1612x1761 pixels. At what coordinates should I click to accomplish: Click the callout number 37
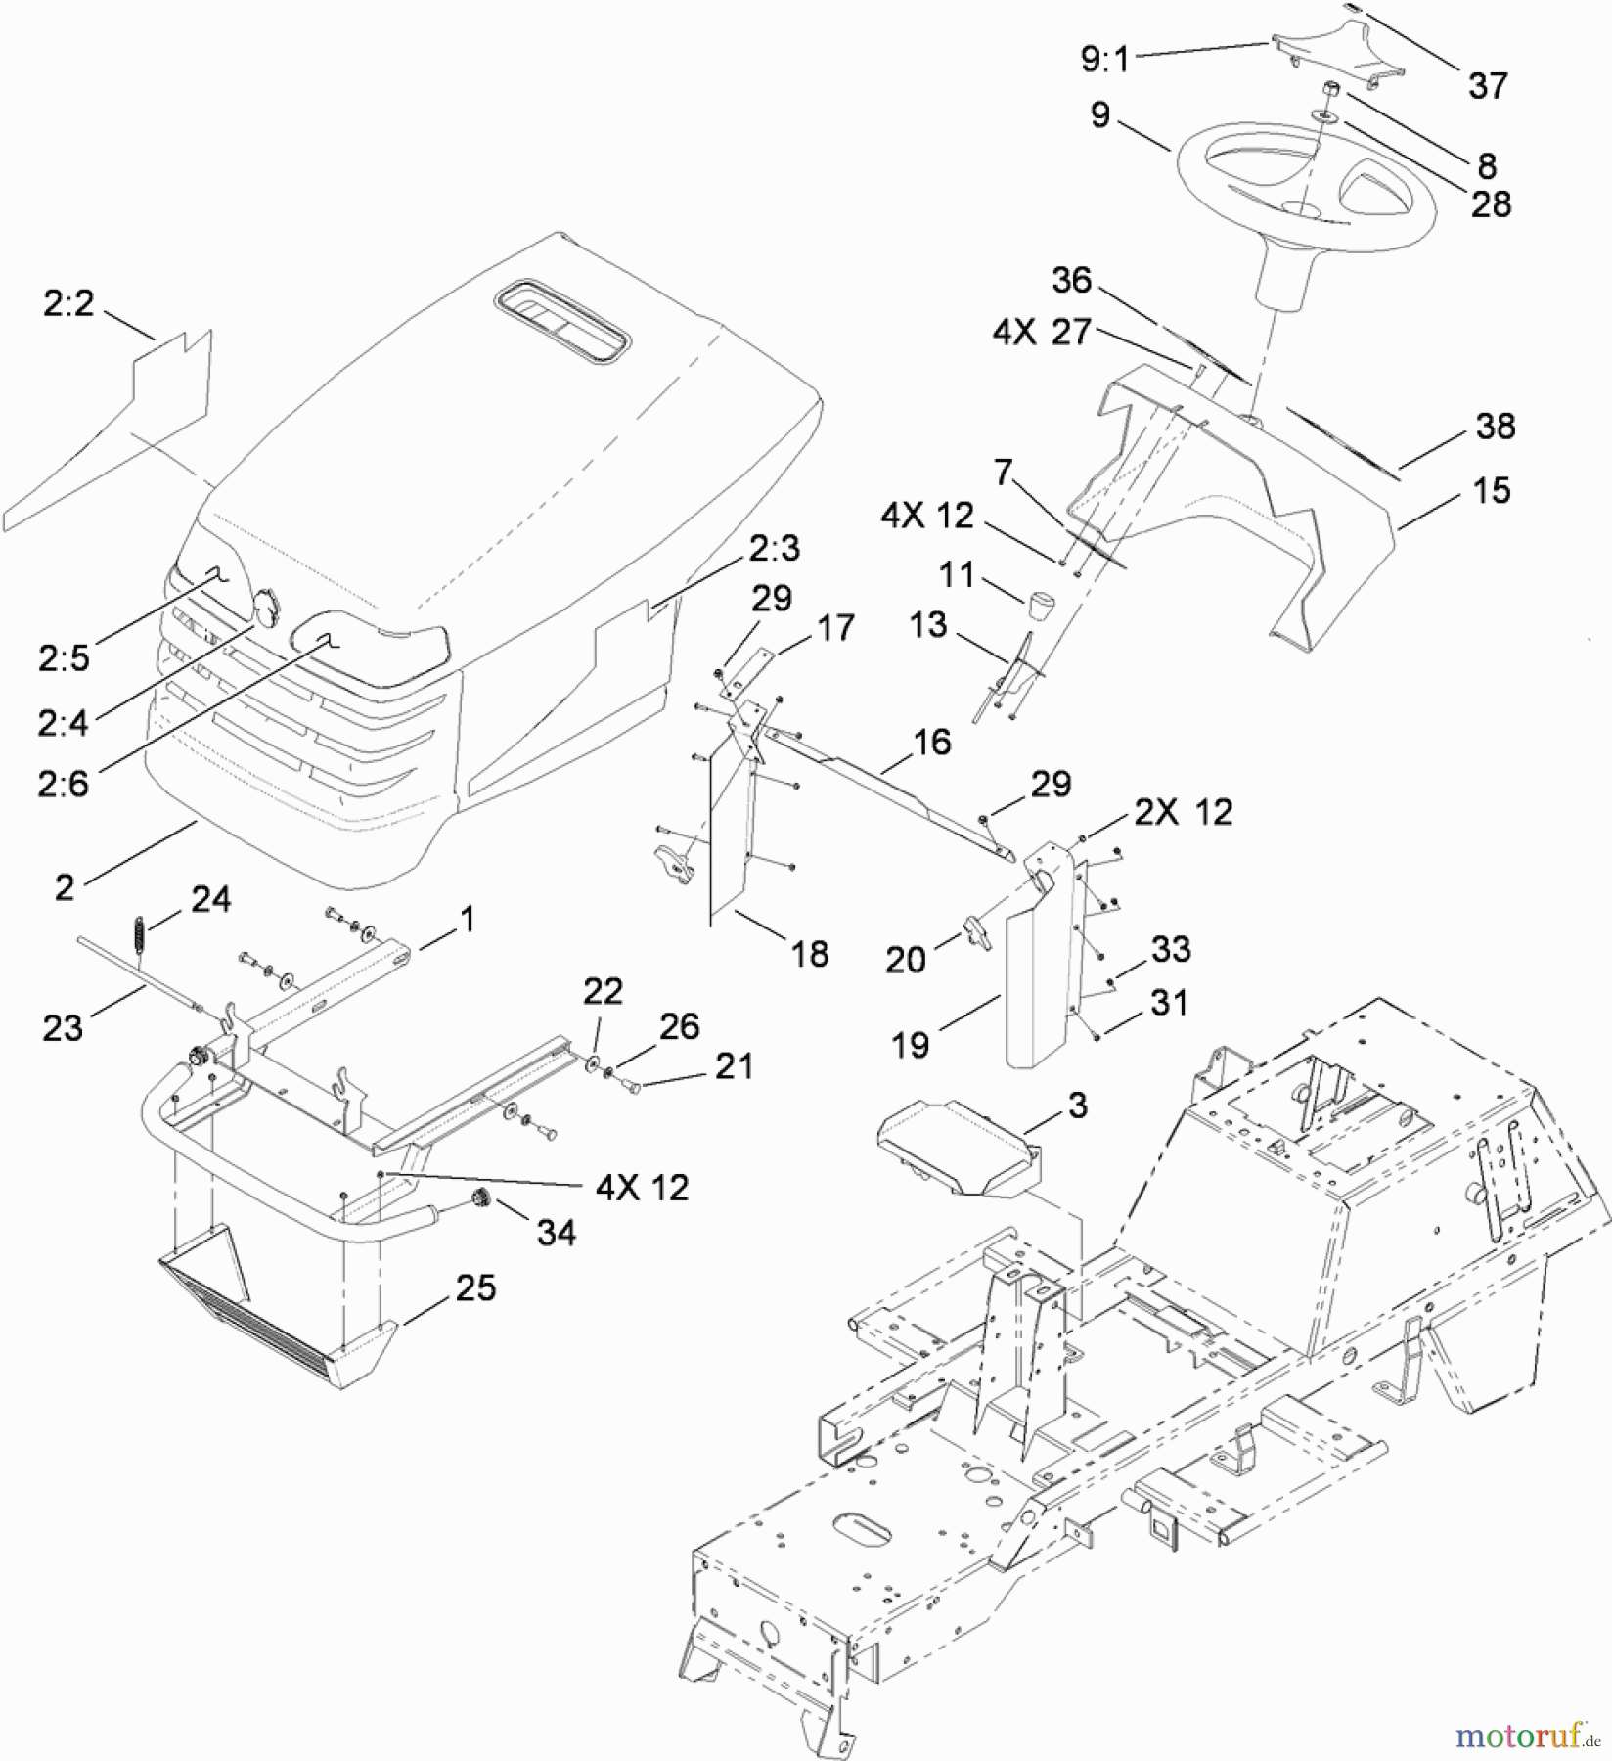[x=1487, y=86]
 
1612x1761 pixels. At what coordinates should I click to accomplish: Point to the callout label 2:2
[x=68, y=304]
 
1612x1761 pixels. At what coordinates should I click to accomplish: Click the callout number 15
[x=1491, y=490]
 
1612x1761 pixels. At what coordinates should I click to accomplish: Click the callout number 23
[x=63, y=1027]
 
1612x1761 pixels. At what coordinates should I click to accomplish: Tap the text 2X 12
[x=1184, y=812]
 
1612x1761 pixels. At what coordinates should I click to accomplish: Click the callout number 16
[x=931, y=742]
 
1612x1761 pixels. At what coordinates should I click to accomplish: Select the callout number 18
[x=810, y=953]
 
